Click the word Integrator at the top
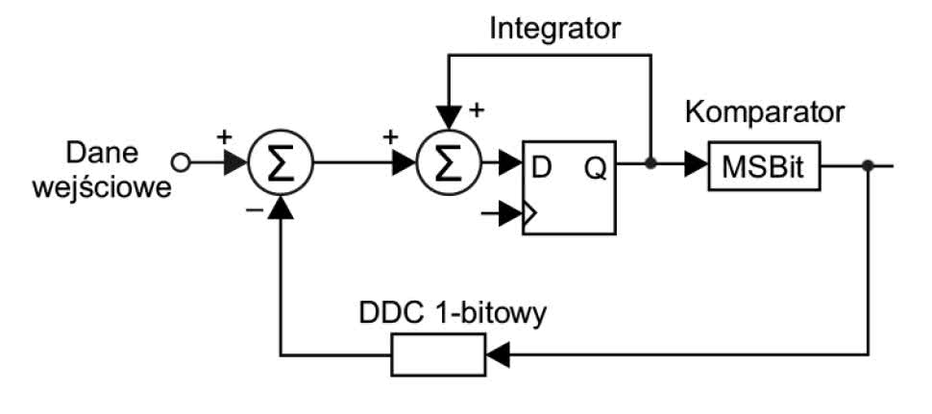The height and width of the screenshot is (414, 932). point(555,28)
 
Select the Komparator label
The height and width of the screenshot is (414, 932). point(765,111)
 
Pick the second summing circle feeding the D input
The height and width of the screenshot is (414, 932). point(448,164)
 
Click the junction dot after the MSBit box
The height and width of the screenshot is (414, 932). point(868,164)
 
